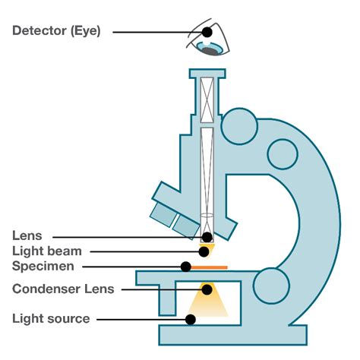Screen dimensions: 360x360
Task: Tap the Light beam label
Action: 46,251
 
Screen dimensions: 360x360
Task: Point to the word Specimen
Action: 43,267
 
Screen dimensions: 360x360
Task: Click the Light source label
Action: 51,319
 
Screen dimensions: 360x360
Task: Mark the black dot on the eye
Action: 207,33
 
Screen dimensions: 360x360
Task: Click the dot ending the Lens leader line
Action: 207,236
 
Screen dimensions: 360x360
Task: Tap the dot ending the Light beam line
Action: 204,251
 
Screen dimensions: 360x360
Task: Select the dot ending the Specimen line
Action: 185,267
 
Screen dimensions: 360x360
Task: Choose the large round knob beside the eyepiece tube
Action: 242,126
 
